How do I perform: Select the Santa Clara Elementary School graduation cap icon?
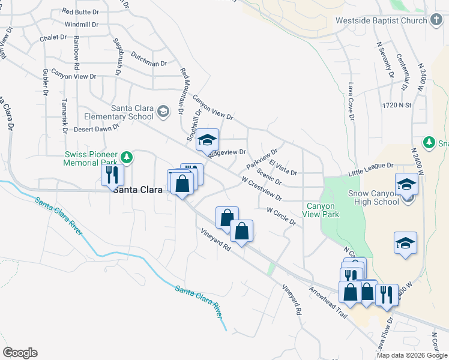point(163,111)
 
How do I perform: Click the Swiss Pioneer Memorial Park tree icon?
point(126,157)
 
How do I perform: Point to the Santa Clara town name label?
point(138,190)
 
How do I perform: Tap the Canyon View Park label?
point(321,210)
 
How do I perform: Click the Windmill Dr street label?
point(81,25)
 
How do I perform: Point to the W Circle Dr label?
point(282,217)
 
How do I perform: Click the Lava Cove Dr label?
point(351,101)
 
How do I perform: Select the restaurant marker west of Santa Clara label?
point(112,175)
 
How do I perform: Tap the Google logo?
point(20,353)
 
